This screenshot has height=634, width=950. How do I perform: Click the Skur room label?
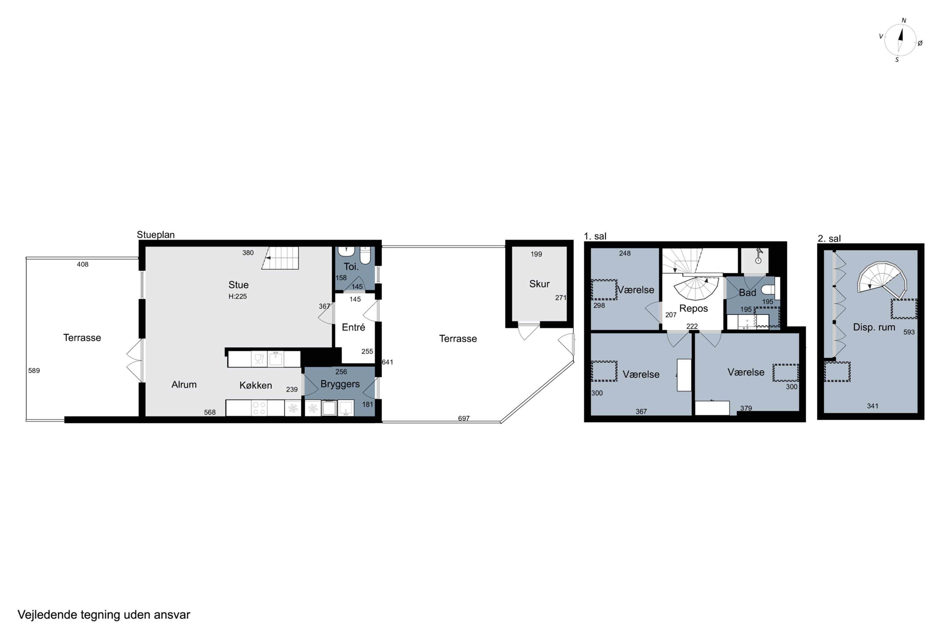[539, 284]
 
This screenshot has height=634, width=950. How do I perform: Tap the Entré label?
[353, 327]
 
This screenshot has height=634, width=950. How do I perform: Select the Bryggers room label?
[340, 384]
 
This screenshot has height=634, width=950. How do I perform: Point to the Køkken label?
[256, 385]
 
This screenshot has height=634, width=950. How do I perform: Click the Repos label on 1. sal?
[693, 308]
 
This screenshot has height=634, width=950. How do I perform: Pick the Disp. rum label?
[874, 327]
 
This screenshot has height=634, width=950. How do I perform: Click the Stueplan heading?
[155, 235]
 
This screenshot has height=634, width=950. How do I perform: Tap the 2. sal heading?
[829, 239]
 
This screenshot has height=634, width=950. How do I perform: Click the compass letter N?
[904, 21]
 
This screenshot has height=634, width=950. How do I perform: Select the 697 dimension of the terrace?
[464, 418]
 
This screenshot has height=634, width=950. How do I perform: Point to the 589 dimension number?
[34, 370]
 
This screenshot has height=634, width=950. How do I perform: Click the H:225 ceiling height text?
[237, 296]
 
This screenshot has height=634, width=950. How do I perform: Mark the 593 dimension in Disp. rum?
[909, 332]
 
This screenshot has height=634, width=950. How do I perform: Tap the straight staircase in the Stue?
[280, 258]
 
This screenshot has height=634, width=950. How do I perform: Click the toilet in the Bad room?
[768, 289]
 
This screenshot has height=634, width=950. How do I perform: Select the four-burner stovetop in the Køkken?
[259, 408]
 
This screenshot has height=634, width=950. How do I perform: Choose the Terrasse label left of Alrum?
[82, 338]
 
